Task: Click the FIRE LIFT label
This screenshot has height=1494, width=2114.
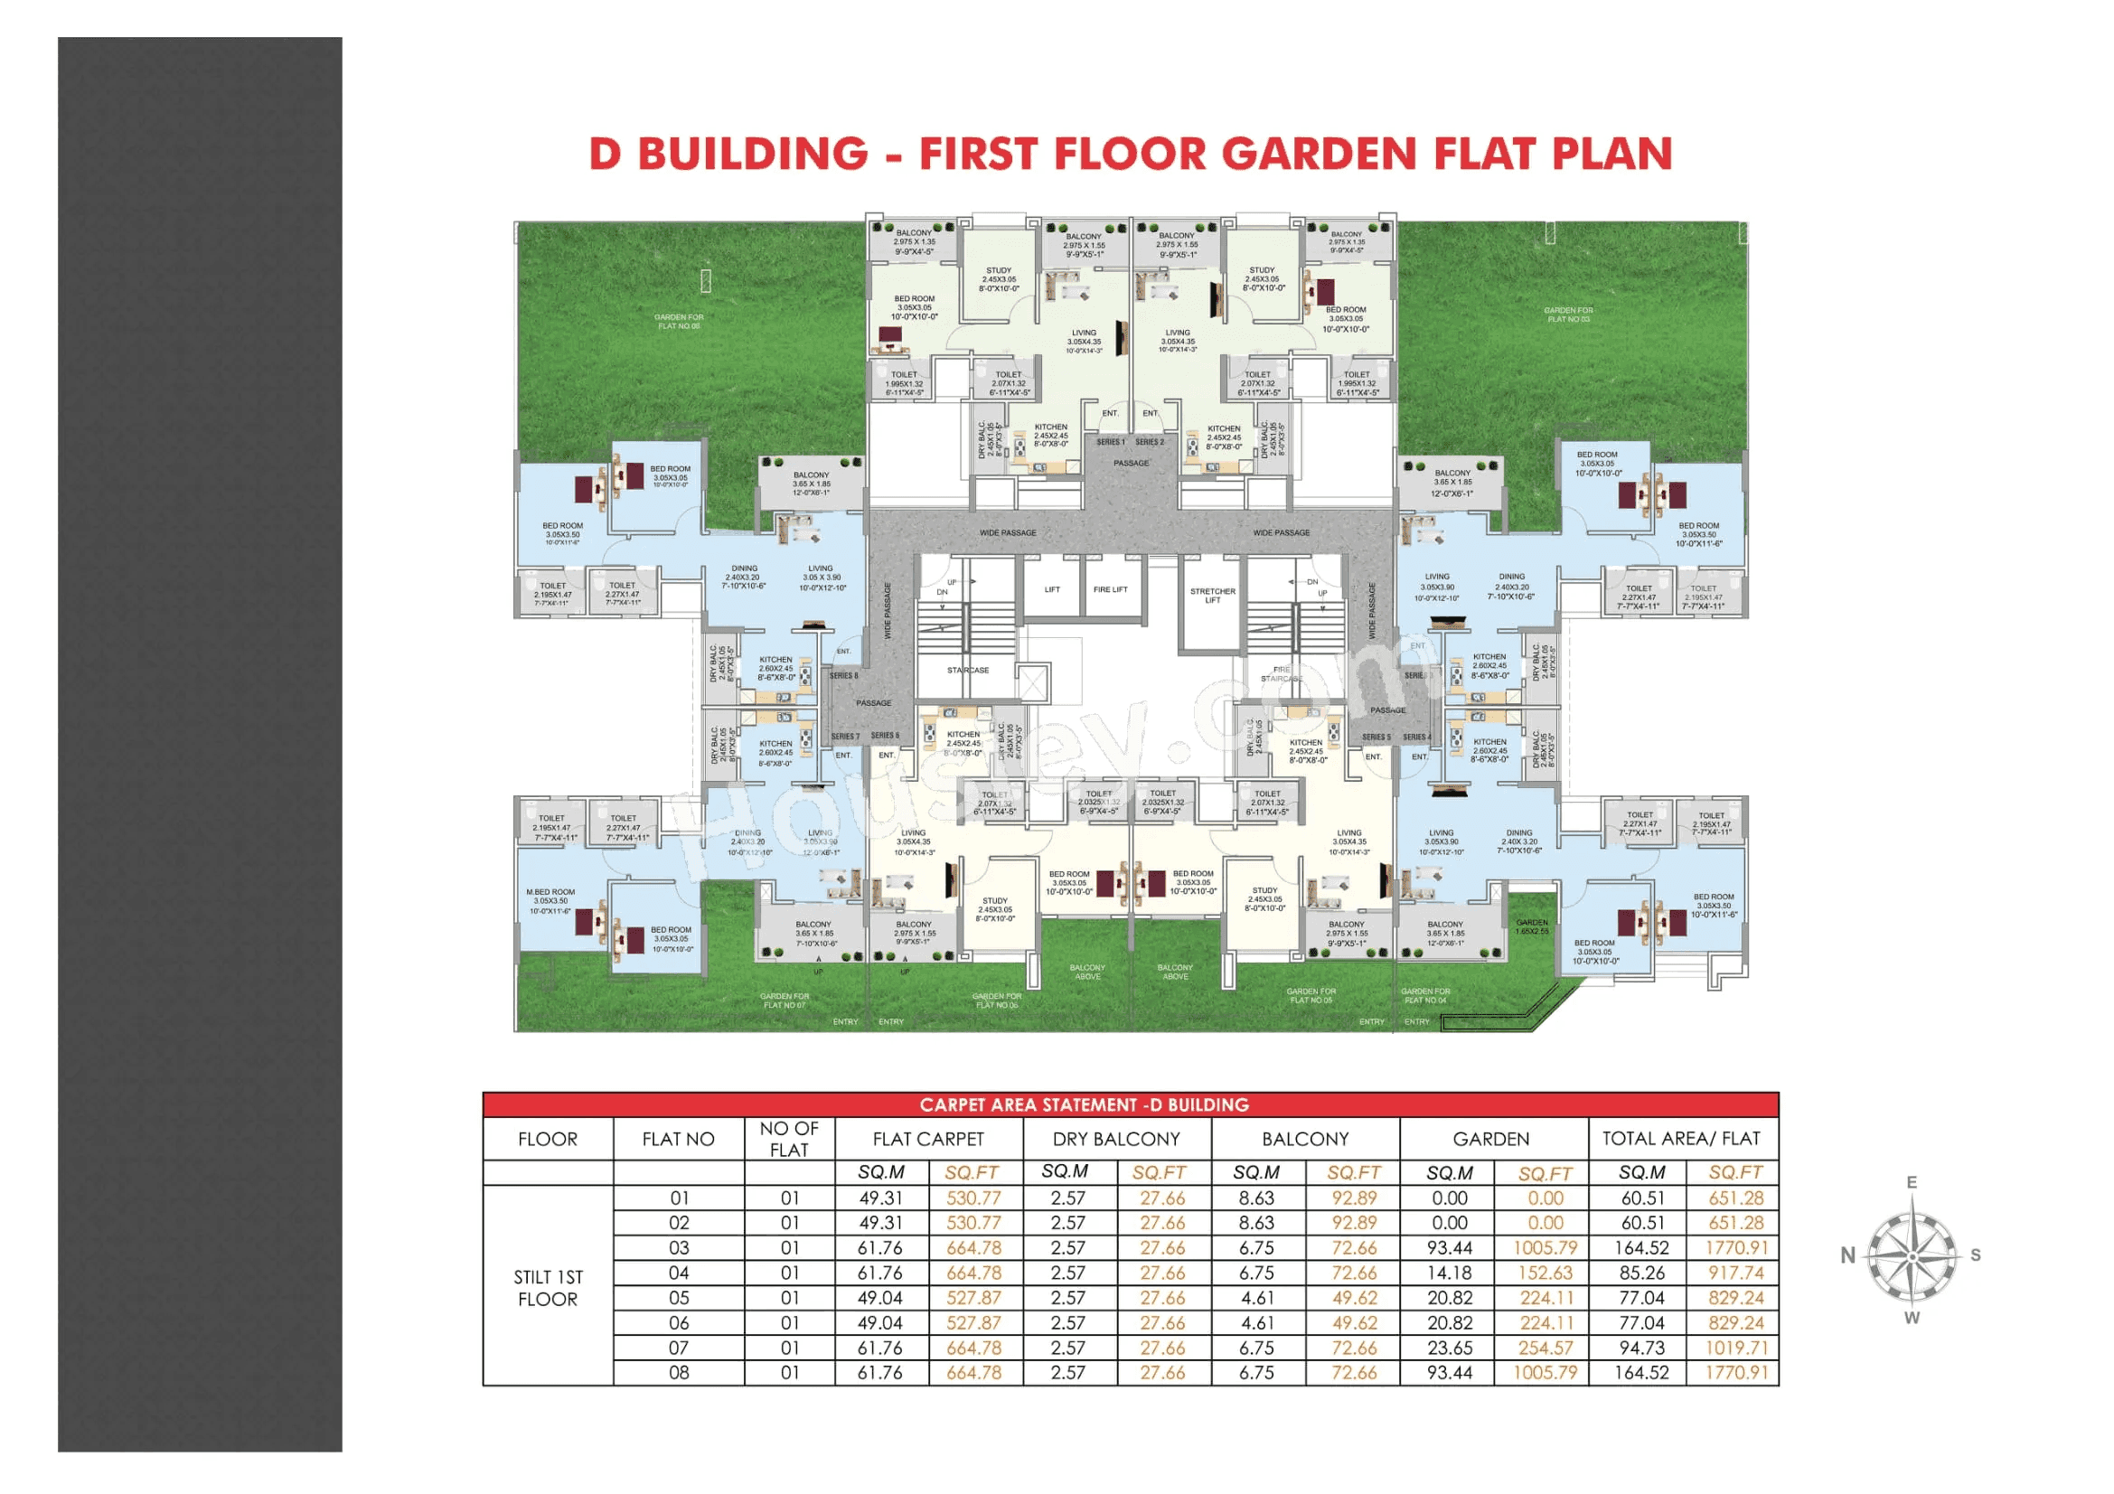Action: pos(1111,589)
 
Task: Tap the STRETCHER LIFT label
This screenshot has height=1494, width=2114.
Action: pos(1213,596)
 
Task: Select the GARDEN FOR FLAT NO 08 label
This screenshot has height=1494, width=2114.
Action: pos(679,321)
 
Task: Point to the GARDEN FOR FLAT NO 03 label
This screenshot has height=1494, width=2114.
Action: pos(1568,315)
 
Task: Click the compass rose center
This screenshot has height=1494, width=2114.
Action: pos(1912,1256)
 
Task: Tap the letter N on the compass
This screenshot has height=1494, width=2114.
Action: pos(1848,1255)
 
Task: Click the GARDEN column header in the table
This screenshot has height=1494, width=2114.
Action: pos(1490,1139)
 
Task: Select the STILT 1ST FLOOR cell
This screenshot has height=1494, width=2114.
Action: pos(548,1288)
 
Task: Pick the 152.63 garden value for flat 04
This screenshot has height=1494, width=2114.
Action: pos(1546,1273)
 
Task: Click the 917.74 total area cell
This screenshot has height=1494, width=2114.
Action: pos(1735,1273)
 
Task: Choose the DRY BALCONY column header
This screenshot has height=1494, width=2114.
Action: pos(1116,1139)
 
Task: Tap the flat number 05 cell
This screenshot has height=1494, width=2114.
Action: pos(679,1298)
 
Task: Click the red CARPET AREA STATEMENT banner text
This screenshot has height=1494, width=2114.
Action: pos(1084,1104)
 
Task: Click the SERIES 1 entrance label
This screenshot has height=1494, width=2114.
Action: pos(1111,442)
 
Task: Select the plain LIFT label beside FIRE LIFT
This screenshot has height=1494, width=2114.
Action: pos(1052,589)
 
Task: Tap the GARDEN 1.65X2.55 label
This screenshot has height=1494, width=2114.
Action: pos(1532,926)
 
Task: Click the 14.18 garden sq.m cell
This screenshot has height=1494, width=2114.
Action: pos(1449,1273)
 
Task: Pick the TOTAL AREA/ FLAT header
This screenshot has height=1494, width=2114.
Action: pos(1680,1139)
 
